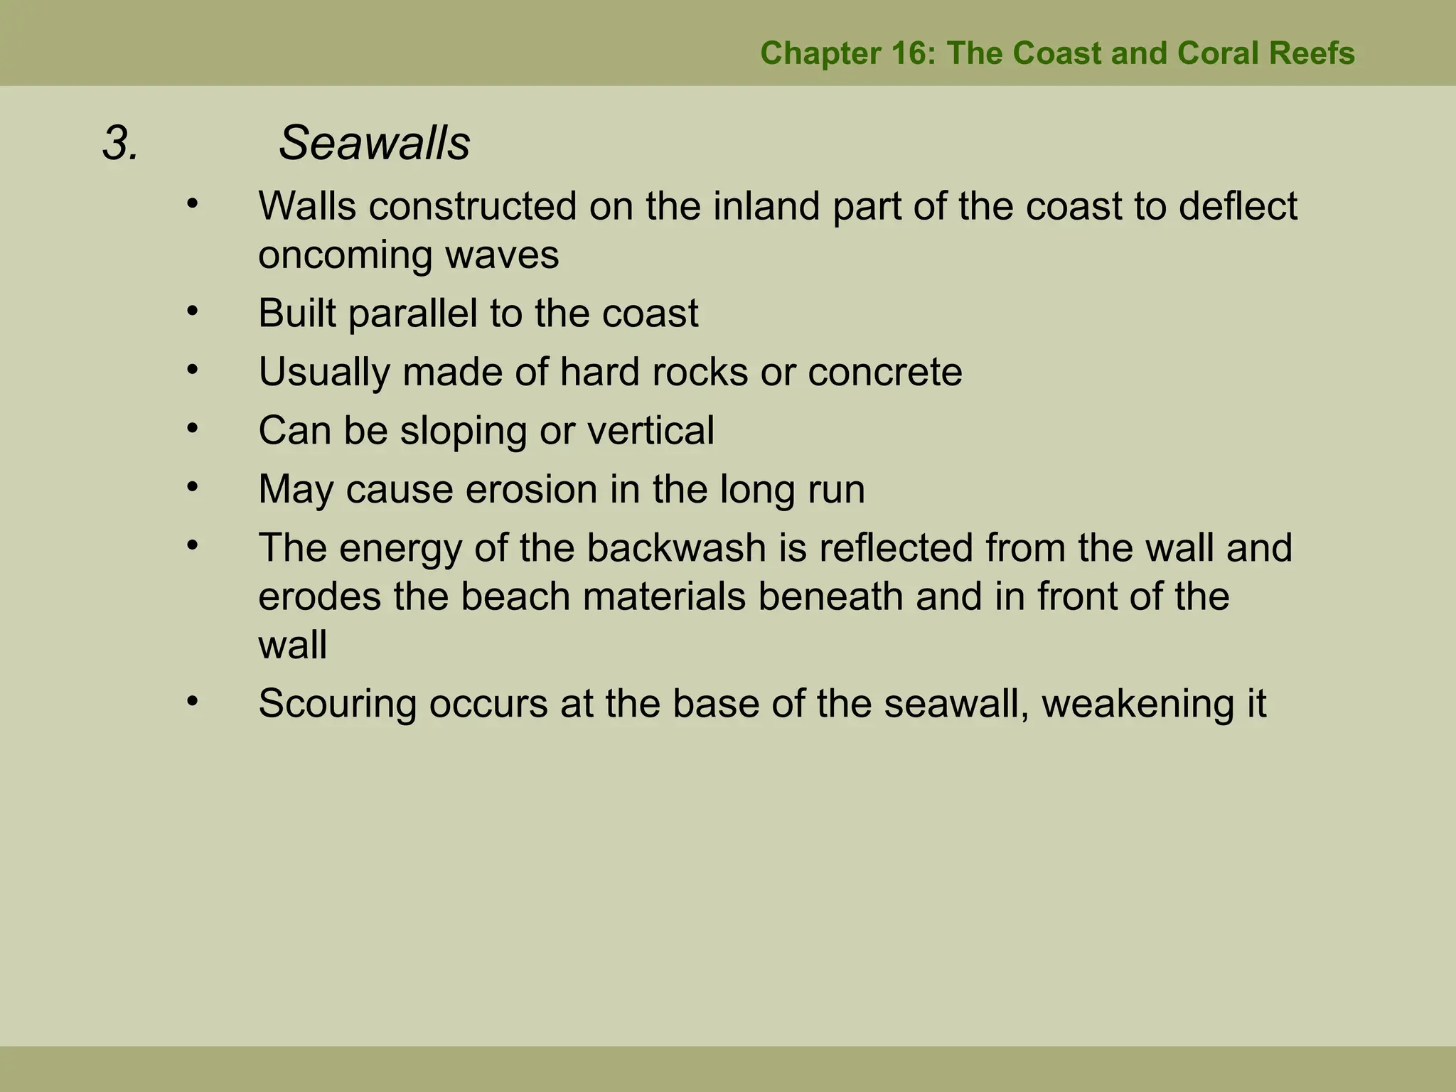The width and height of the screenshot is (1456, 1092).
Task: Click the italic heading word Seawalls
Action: [374, 144]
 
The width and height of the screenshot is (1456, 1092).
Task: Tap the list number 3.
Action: [120, 144]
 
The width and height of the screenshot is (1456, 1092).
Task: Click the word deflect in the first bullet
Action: [1238, 206]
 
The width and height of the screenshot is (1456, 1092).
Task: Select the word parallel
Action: [413, 314]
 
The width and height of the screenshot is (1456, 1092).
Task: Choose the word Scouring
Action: [338, 704]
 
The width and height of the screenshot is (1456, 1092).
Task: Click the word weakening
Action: [1135, 704]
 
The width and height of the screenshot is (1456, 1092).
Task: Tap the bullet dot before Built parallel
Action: [192, 311]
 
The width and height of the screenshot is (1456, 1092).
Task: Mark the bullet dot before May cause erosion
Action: [192, 487]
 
